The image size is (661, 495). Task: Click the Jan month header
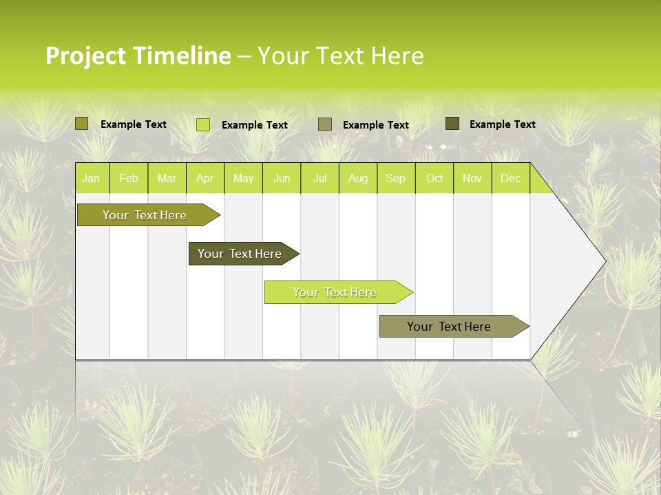91,178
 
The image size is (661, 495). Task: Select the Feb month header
129,178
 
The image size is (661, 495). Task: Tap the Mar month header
167,178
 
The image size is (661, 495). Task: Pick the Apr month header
205,178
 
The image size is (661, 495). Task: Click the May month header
243,178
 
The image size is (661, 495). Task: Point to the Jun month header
282,178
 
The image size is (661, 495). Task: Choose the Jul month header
319,178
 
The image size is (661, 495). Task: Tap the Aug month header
358,178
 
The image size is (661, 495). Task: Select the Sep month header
396,178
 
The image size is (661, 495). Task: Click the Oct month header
434,178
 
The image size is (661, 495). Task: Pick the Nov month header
472,178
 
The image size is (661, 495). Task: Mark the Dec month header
511,178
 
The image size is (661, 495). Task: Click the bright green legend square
203,124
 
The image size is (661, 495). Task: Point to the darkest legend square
452,124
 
